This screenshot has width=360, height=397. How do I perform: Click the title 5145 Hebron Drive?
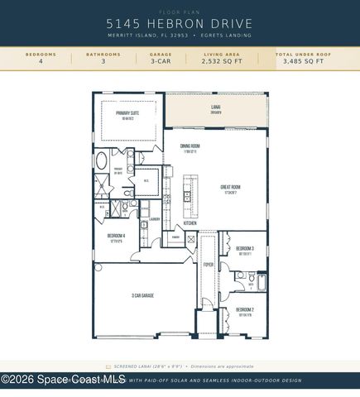click(180, 25)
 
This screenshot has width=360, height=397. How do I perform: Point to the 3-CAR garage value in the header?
click(161, 61)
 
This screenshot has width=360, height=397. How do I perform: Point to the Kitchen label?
click(190, 223)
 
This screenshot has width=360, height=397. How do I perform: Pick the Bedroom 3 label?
click(245, 249)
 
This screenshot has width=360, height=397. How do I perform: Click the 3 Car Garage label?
click(143, 295)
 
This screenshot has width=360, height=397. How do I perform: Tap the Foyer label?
click(208, 265)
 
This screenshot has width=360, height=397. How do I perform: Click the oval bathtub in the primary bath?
click(102, 160)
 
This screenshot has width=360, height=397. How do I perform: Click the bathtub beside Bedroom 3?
click(262, 284)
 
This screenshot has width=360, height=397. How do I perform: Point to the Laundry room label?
click(154, 220)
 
